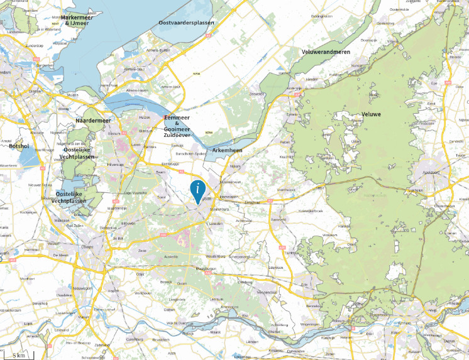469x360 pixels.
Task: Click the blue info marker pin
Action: tap(198, 188)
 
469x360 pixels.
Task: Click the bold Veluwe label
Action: tap(372, 114)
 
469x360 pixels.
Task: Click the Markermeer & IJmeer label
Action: tap(80, 20)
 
